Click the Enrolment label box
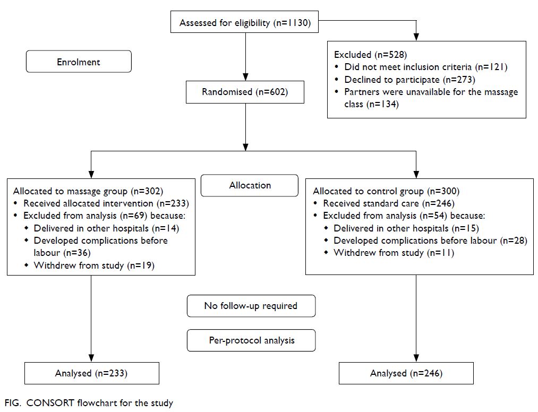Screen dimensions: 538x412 click(79, 62)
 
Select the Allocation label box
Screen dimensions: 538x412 click(250, 185)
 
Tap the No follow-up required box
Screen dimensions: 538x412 click(251, 306)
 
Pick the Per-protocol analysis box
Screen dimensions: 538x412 click(251, 340)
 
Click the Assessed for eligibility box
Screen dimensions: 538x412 click(245, 22)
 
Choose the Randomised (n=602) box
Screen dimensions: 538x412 click(245, 92)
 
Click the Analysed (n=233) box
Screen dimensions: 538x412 click(91, 373)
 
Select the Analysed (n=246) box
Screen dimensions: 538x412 click(406, 373)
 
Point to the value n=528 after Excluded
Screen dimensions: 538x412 click(390, 55)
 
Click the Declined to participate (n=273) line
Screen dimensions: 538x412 click(409, 80)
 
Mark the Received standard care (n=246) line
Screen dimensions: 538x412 click(389, 203)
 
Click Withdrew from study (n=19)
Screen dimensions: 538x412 click(94, 265)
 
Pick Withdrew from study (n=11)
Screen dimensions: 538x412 click(394, 253)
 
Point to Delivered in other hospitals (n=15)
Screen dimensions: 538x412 click(406, 228)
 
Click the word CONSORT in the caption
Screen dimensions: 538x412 click(50, 403)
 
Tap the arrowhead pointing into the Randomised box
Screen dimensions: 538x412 click(245, 77)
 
